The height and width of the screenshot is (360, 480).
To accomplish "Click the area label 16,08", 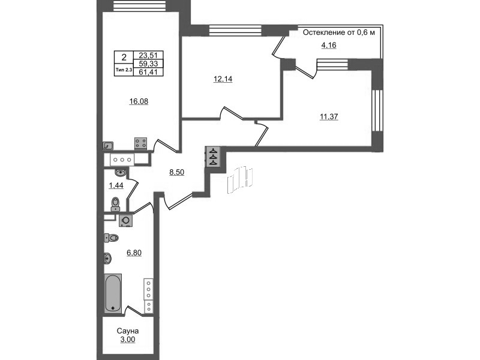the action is (x=139, y=101).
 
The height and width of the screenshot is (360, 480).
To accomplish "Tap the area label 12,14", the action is (x=223, y=79).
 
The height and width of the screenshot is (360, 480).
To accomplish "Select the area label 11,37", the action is (x=329, y=116).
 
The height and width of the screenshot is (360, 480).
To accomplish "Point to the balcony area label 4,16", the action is (x=328, y=46).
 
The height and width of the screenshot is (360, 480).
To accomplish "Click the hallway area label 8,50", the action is (x=177, y=172).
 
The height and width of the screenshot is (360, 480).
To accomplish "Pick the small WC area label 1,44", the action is (x=116, y=185).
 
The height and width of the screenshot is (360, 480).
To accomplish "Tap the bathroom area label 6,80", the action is (x=134, y=253).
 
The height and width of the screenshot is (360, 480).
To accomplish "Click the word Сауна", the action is (x=128, y=331).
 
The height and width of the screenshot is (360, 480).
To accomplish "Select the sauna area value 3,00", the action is (x=128, y=340).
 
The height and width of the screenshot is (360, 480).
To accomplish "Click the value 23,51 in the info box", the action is (x=148, y=55).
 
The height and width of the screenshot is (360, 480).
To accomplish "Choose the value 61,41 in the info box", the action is (x=148, y=72).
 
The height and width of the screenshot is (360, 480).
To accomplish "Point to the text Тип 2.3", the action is (x=124, y=70).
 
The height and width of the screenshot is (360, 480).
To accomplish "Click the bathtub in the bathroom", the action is (x=113, y=293).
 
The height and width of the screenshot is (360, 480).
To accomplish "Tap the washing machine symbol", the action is (x=126, y=221).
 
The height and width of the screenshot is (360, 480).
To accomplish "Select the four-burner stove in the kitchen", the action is (x=140, y=143).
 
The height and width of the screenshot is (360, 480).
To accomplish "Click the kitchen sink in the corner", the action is (x=109, y=146).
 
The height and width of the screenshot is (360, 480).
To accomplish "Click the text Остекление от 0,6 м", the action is (x=339, y=32).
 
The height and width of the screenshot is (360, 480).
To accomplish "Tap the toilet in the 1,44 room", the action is (x=115, y=204).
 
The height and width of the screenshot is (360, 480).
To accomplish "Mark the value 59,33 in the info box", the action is (x=148, y=64).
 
